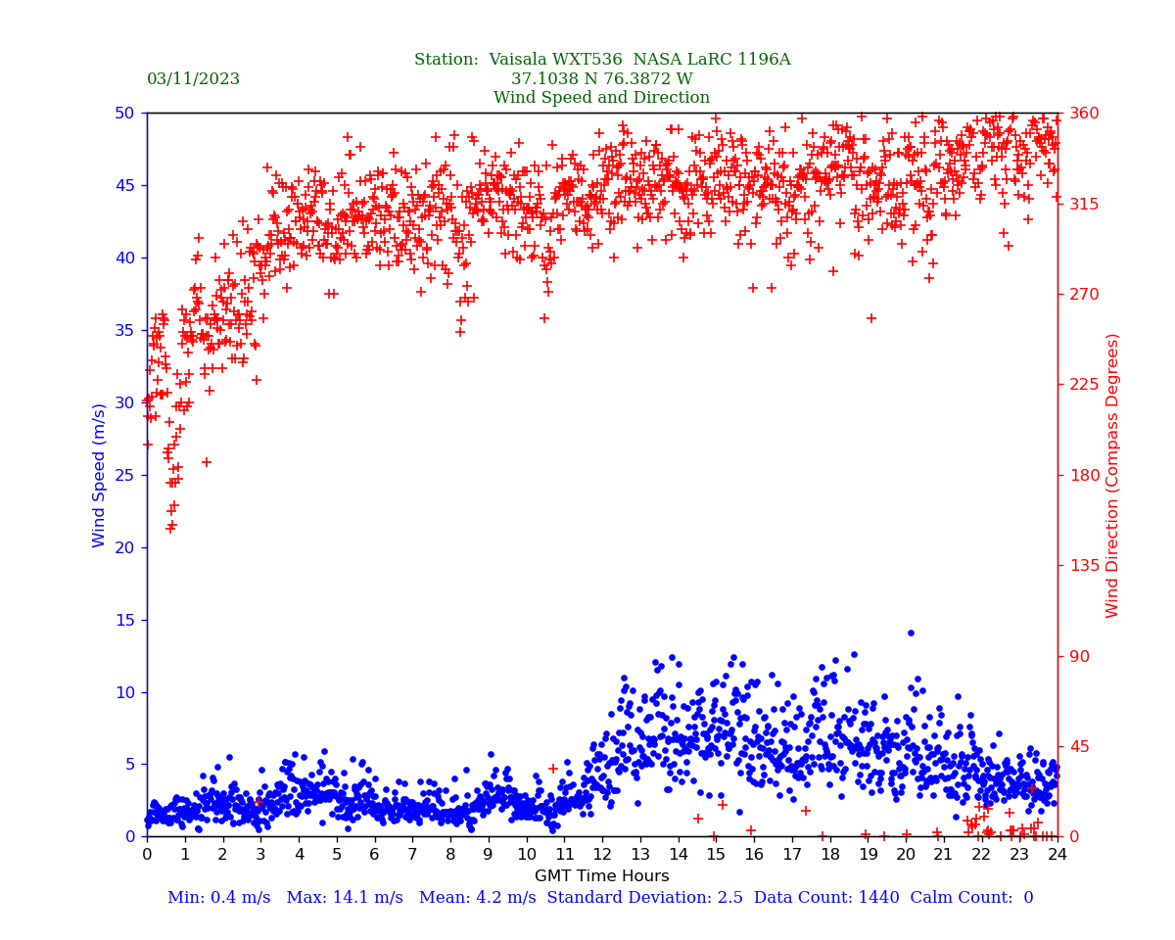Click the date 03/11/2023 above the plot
(193, 79)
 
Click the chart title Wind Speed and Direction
(601, 98)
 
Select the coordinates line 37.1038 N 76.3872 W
(601, 79)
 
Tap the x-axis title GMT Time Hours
(601, 876)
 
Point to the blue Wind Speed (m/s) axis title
(100, 475)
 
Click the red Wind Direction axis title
(1113, 475)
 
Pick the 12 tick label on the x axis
(602, 855)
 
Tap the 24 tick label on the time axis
(1057, 855)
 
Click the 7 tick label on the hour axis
(412, 855)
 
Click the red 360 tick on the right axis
(1083, 114)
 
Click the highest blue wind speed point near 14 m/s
(911, 633)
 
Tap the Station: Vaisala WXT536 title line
(601, 60)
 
